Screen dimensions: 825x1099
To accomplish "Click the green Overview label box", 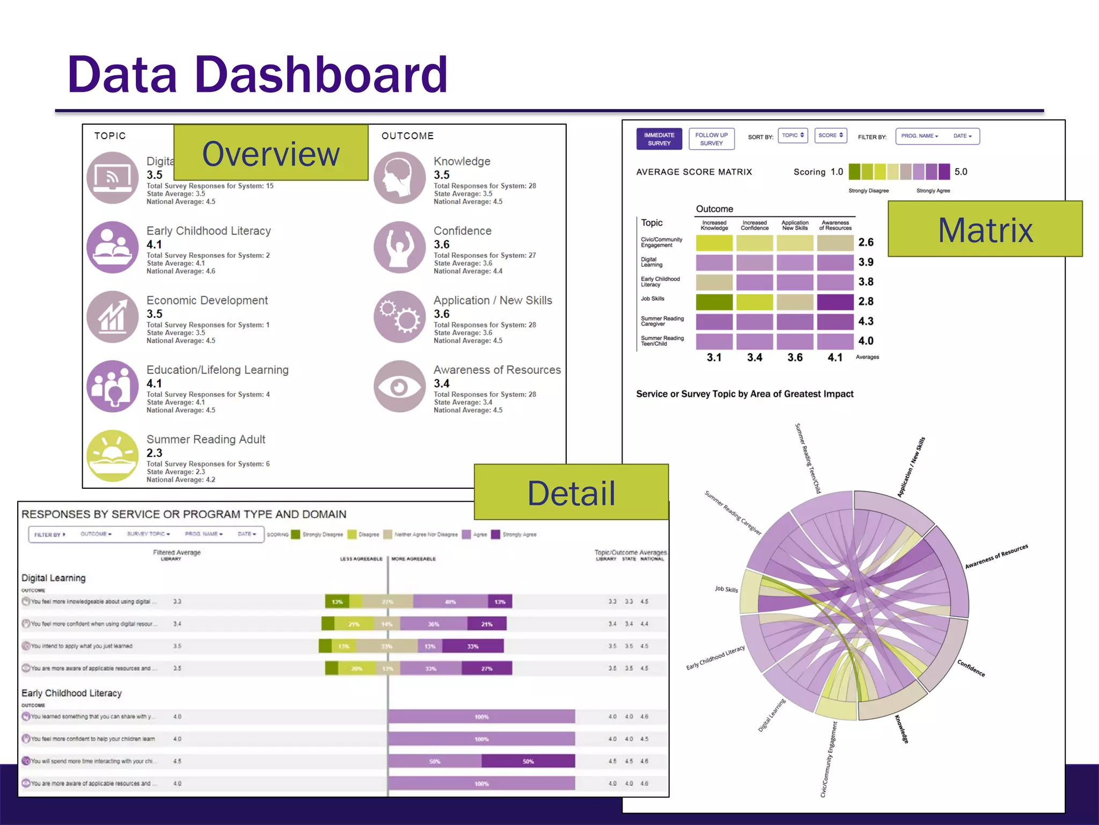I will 271,153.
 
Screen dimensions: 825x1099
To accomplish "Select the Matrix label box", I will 985,229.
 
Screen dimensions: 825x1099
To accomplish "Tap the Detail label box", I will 571,493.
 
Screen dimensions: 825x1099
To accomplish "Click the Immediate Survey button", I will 659,139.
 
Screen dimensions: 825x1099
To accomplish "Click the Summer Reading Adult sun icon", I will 113,455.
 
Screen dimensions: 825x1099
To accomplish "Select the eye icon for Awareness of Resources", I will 400,386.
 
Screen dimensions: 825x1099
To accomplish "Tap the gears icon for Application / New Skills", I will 400,317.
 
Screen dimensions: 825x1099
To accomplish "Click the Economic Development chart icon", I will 113,317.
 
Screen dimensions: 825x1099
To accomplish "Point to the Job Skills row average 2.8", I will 866,301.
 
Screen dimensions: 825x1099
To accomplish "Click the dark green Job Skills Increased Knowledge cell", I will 714,302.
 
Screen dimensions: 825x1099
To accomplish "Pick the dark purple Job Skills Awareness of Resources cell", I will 835,302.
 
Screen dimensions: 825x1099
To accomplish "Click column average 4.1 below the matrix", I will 835,358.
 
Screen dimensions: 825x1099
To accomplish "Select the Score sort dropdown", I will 830,135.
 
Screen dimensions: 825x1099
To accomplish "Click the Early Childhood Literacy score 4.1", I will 154,244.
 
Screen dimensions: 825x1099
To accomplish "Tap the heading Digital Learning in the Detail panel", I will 54,578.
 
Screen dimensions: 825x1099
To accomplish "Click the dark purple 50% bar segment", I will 528,761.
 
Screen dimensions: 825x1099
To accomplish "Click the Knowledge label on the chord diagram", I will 902,729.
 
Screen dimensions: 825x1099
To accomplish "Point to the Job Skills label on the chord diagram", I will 726,589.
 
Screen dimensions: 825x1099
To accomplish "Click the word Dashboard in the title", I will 320,75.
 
